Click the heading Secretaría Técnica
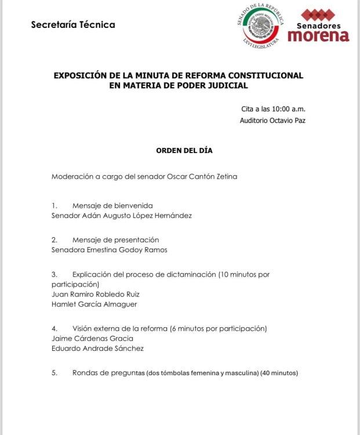tap(73, 25)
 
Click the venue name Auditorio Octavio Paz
tap(272, 121)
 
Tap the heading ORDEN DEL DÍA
tap(184, 150)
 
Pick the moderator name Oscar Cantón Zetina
tap(202, 176)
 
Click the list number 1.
tap(54, 205)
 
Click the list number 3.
tap(54, 274)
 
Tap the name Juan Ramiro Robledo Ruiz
tap(96, 294)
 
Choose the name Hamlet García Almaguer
tap(94, 304)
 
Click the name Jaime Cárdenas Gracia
tap(92, 338)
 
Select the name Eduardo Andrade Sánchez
tap(97, 349)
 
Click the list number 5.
tap(54, 373)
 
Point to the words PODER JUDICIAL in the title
tap(213, 86)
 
